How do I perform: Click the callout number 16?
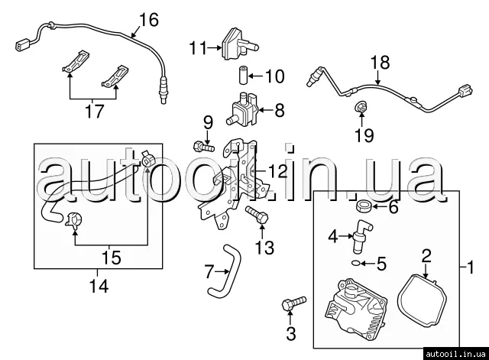pyautogui.click(x=148, y=19)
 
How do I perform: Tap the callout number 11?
pyautogui.click(x=199, y=48)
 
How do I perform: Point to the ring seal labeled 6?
pyautogui.click(x=364, y=207)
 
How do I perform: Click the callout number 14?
pyautogui.click(x=98, y=287)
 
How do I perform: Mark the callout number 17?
pyautogui.click(x=94, y=112)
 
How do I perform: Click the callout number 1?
pyautogui.click(x=471, y=268)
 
